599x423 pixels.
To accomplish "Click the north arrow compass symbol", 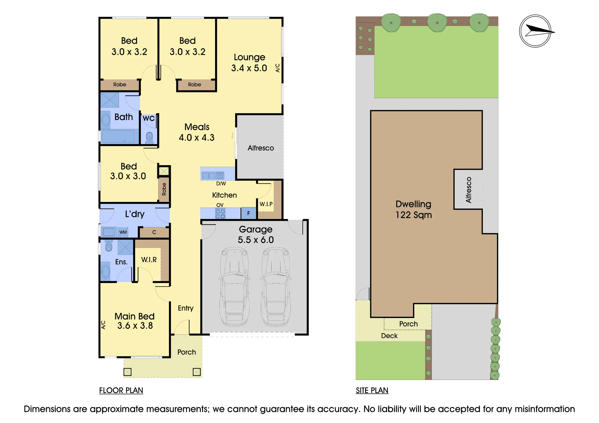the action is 536,31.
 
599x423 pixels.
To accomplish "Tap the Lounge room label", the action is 249,63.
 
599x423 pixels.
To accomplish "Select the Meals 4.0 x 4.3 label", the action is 197,132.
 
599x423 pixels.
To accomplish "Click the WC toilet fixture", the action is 149,138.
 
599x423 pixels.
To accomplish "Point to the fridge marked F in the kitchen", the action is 248,213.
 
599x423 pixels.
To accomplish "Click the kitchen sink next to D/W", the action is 213,175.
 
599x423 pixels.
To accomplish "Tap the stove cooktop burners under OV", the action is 220,214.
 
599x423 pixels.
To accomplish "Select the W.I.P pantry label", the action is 266,204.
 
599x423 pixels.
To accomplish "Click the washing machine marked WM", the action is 123,232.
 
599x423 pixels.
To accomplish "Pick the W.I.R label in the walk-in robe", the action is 149,260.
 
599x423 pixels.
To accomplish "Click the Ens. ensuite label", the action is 121,262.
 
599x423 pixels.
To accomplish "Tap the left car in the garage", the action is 235,287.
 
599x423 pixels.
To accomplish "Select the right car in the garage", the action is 276,287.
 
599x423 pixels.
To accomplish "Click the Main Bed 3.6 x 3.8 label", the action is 134,321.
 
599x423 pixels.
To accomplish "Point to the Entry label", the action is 186,308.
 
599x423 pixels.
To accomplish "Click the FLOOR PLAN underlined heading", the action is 121,390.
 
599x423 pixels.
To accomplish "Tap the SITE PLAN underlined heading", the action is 372,390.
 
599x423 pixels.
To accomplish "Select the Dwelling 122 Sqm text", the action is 414,209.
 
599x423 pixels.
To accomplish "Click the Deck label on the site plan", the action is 389,336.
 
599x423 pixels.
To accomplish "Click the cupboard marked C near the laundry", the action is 154,232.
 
